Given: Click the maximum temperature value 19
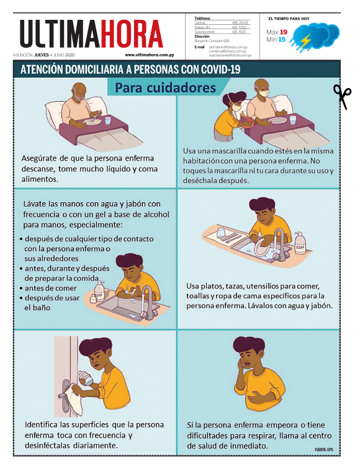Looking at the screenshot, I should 283,32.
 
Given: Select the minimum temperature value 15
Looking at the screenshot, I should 282,40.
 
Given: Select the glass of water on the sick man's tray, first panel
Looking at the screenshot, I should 108,120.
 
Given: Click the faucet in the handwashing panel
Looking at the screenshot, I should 148,296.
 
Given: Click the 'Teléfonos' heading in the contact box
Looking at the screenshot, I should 202,19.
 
